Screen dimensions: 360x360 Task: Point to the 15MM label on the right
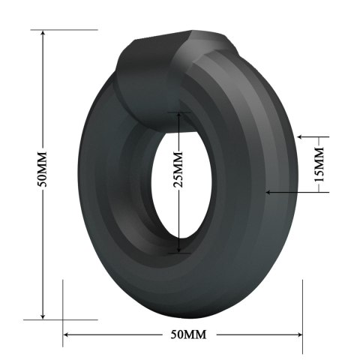[319, 165]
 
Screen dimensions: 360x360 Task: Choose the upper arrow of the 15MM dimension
[302, 138]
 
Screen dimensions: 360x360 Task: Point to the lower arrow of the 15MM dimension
[270, 192]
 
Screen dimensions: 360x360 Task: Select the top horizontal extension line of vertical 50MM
[64, 30]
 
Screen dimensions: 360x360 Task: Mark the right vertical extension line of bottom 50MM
[301, 315]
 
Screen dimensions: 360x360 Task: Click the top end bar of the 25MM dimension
[178, 112]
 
